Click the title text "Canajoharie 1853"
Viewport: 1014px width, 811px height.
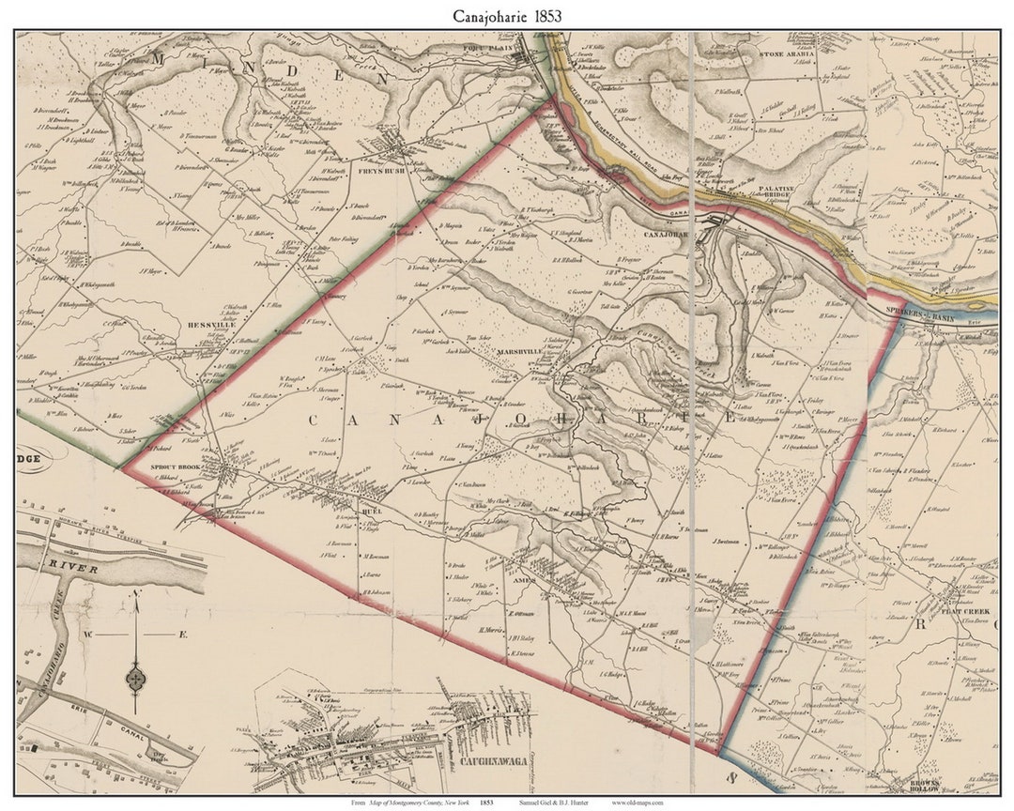507,16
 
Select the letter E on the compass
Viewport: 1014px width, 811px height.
184,635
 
